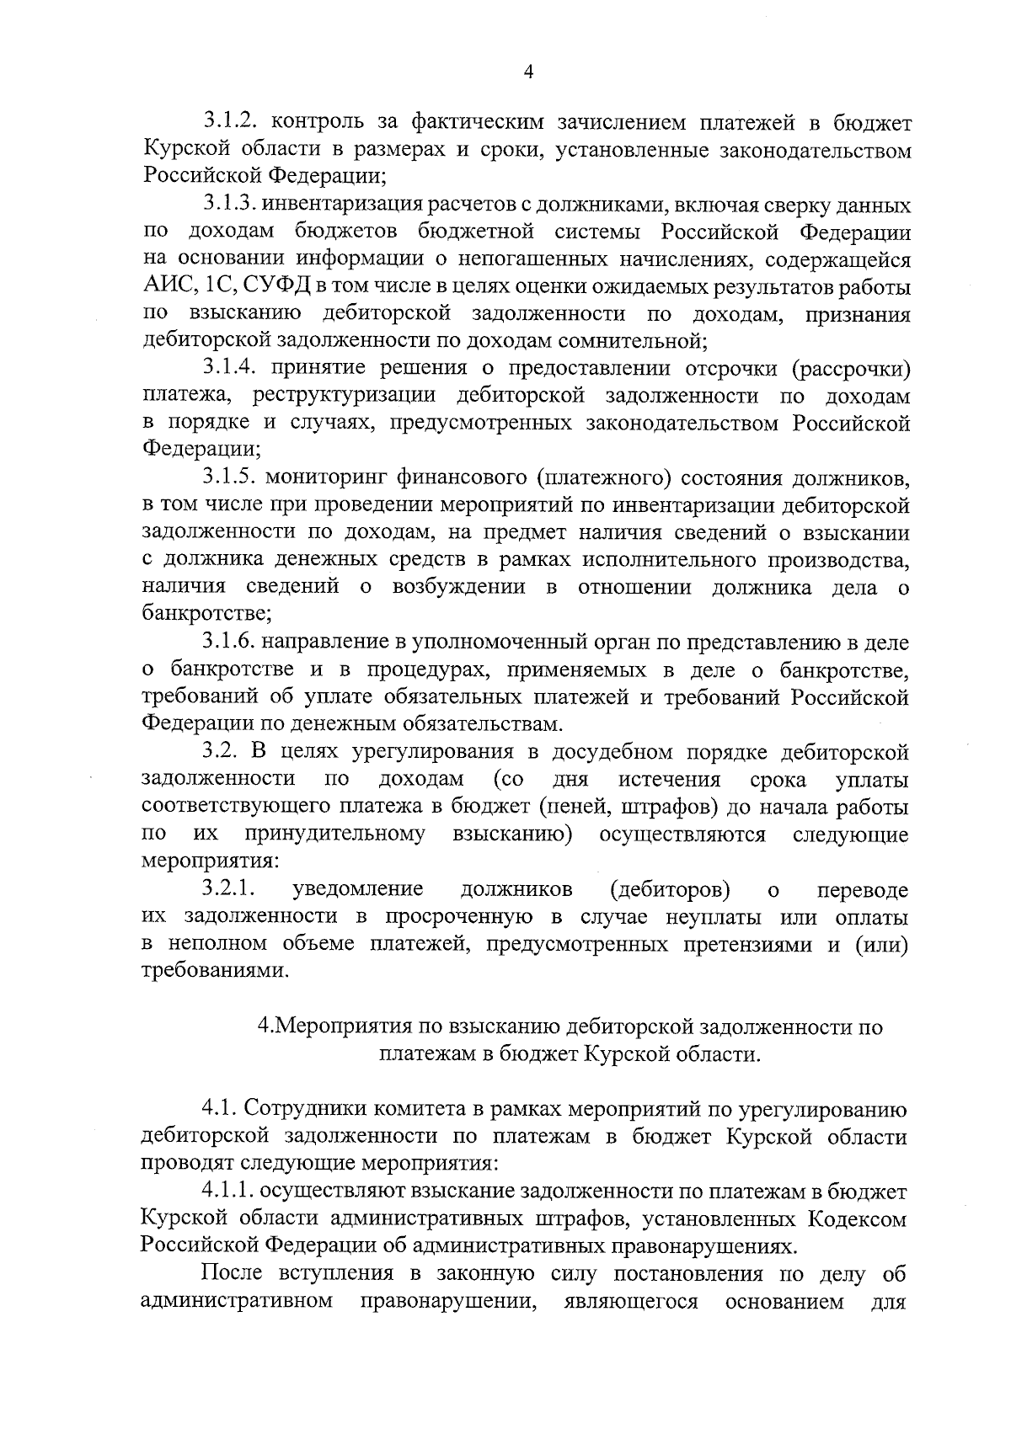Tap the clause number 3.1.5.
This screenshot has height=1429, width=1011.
click(x=231, y=478)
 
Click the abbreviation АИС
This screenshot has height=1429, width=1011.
click(x=166, y=287)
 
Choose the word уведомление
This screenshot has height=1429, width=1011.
click(x=357, y=889)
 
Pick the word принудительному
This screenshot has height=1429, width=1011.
click(x=334, y=834)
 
